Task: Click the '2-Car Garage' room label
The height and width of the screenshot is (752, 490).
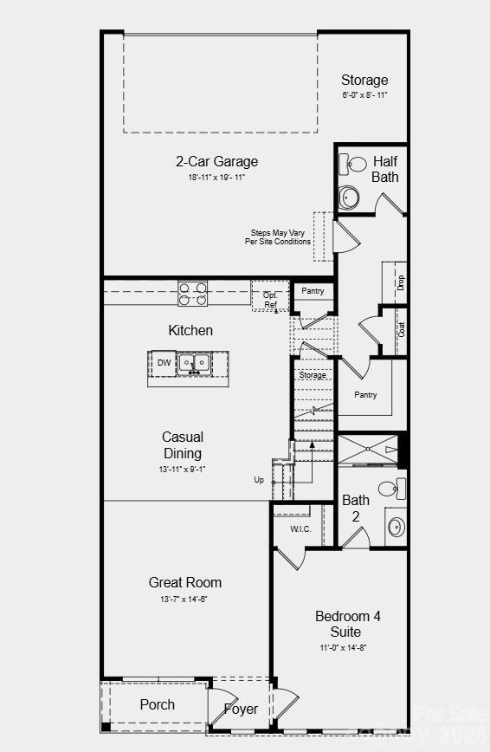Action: (x=216, y=161)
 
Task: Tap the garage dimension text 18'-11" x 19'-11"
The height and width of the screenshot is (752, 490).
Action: (x=216, y=178)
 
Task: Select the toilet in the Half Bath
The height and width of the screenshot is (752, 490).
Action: (x=348, y=196)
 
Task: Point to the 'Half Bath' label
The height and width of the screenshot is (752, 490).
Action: (x=385, y=169)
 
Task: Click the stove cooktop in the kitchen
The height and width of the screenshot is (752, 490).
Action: (x=192, y=294)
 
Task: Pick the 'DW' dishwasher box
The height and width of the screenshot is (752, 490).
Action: (x=164, y=363)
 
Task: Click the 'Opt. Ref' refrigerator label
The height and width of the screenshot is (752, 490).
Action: (x=270, y=300)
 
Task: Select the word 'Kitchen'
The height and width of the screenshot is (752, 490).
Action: (x=190, y=331)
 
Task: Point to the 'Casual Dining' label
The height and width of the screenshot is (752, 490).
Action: (x=183, y=445)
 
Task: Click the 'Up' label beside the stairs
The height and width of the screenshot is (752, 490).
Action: (x=259, y=479)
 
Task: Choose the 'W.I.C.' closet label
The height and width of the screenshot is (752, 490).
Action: (x=300, y=529)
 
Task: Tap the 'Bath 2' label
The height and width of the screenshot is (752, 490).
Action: (x=356, y=508)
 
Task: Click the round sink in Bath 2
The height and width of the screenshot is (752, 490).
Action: (x=396, y=526)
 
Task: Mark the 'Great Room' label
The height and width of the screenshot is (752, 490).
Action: (x=184, y=582)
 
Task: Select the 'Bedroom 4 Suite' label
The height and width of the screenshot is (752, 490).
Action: (x=348, y=624)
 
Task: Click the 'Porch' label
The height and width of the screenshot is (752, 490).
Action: (x=158, y=704)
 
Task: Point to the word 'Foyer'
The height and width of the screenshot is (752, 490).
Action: (x=241, y=709)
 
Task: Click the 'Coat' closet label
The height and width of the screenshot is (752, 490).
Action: (x=401, y=330)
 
